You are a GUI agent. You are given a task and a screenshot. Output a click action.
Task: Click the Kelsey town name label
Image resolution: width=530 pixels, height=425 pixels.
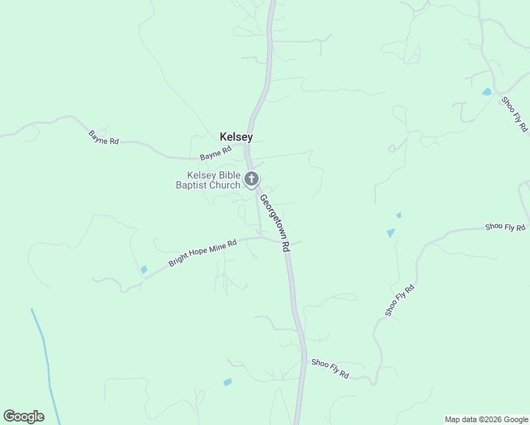pos(236,137)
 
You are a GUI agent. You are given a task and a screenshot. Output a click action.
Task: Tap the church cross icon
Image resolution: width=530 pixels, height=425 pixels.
pos(252,179)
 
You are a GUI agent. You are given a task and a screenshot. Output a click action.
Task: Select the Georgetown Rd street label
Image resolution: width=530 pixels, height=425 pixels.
pos(275,222)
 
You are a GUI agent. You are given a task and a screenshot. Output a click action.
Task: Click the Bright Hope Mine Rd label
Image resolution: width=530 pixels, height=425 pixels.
pos(202,252)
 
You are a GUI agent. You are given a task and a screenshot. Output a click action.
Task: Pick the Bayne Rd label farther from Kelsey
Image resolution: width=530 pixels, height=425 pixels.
pos(103,137)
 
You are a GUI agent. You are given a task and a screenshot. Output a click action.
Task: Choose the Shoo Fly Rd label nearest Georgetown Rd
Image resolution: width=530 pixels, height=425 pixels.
pos(330,368)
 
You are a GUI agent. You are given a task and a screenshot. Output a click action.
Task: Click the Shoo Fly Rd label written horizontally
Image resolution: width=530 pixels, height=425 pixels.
pos(505,227)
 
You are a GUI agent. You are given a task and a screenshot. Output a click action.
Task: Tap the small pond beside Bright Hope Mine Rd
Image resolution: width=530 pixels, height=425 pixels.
pos(144,269)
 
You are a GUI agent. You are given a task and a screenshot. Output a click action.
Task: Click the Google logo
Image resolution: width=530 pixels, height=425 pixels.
pos(23,416)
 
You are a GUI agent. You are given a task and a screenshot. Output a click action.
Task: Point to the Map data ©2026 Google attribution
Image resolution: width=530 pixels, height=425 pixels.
pos(485,419)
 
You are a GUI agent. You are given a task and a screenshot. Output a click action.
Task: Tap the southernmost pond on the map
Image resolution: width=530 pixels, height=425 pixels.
pos(227,382)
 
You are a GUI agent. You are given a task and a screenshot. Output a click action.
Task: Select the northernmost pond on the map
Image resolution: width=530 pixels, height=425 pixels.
pos(486,92)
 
